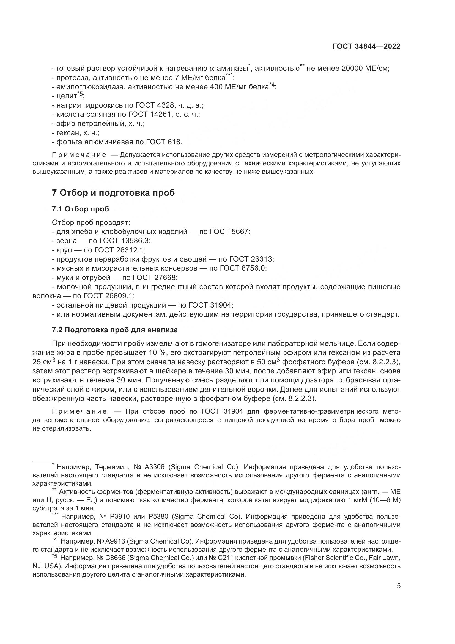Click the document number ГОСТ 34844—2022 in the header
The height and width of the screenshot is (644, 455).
[x=366, y=47]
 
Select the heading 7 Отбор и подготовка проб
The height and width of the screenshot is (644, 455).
[x=113, y=193]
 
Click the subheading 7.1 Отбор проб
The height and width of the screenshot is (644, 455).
[x=80, y=209]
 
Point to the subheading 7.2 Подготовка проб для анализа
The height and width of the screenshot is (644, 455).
[x=115, y=330]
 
